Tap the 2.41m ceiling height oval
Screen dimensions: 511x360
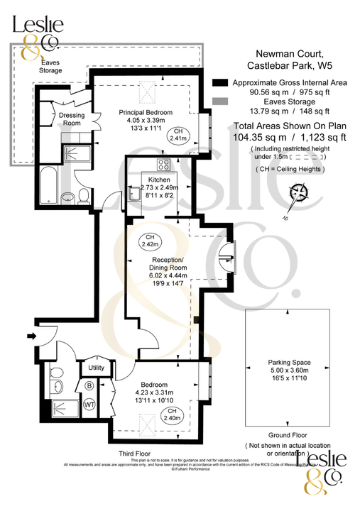(x=180, y=136)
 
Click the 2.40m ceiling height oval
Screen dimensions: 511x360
(x=171, y=414)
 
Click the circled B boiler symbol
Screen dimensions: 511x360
(x=89, y=385)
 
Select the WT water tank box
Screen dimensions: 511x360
(x=89, y=403)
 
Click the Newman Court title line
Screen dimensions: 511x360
(x=288, y=54)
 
